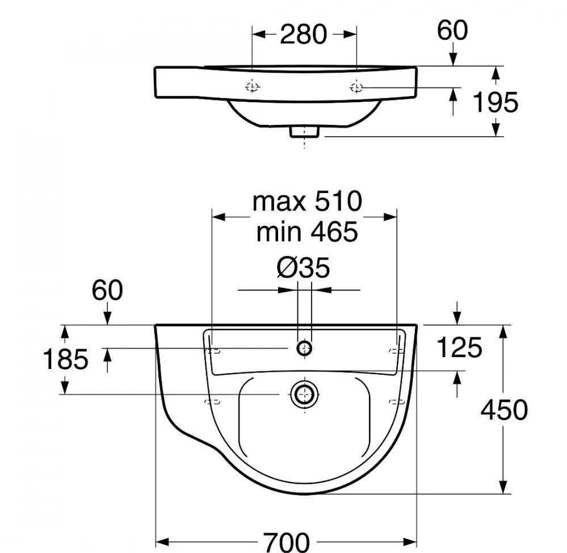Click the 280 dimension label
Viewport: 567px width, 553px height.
[304, 35]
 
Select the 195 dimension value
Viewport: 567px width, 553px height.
[495, 102]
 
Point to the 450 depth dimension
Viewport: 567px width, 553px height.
[504, 410]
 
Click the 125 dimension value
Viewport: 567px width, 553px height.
[460, 347]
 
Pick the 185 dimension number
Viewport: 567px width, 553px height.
[65, 359]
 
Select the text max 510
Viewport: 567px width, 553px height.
[308, 202]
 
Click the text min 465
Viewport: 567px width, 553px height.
[307, 232]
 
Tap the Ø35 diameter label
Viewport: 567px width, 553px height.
[304, 268]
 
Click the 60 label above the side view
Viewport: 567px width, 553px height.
[452, 31]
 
